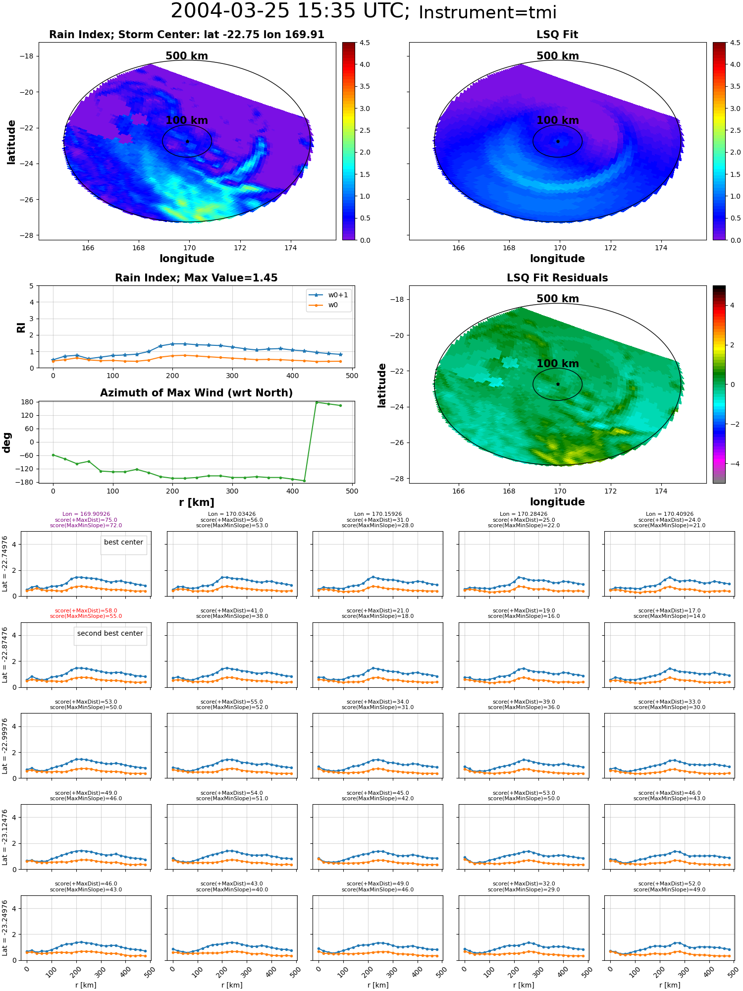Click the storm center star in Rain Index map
(187, 142)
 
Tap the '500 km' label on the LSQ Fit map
(558, 56)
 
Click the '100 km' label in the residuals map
(558, 364)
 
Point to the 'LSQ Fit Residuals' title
(557, 278)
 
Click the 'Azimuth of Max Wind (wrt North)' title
(196, 393)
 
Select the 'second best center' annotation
(110, 633)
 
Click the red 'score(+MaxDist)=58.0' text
(86, 611)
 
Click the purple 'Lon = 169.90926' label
(86, 514)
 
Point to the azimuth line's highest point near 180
(317, 402)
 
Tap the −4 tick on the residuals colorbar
(732, 464)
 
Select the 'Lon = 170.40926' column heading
(670, 514)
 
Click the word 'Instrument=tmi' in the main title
(487, 13)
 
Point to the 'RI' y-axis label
(21, 327)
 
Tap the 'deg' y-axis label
(7, 442)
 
